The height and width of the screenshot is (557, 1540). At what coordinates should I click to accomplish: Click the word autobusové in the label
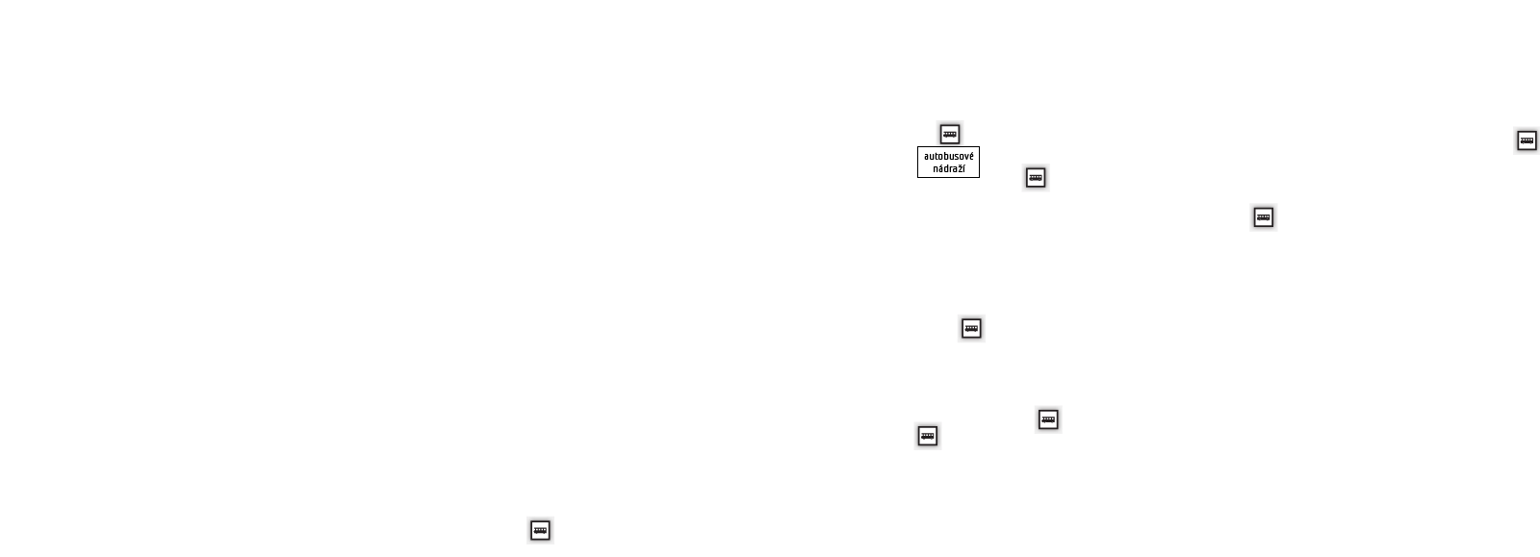point(948,156)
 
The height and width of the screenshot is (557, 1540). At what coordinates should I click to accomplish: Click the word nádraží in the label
point(948,169)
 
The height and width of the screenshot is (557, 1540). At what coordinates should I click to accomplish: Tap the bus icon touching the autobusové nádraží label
point(949,134)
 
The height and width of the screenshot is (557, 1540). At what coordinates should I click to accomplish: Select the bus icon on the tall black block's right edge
point(1035,178)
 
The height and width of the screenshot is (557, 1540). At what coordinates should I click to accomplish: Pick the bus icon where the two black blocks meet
point(971,328)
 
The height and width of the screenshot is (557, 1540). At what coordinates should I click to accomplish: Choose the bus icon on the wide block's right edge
point(1048,419)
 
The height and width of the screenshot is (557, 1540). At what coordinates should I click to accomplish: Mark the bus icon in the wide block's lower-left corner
point(927,436)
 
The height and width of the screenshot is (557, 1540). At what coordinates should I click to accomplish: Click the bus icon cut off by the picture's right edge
point(1527,140)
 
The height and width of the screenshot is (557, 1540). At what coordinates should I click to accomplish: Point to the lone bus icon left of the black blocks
point(540,530)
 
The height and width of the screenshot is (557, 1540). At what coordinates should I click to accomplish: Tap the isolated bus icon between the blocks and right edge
point(1263,217)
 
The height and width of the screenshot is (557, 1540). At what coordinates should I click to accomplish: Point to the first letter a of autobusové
point(927,157)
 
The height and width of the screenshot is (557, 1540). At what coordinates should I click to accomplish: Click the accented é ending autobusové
point(970,156)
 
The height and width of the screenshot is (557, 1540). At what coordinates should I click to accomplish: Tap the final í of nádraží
point(963,169)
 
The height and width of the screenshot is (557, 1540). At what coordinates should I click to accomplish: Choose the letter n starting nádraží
point(936,169)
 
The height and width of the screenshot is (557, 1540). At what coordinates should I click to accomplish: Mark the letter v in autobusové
point(965,157)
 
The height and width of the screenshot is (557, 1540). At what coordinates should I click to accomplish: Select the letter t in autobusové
point(937,156)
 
